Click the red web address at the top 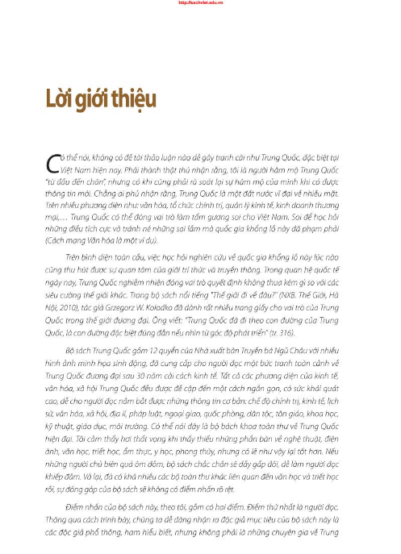200,2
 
